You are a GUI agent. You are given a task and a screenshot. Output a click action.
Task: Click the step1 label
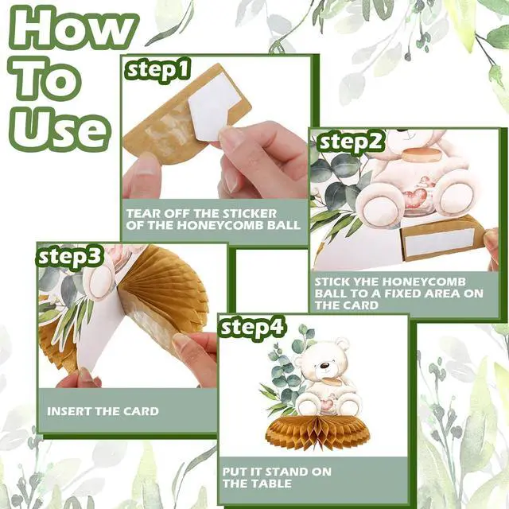(x=157, y=71)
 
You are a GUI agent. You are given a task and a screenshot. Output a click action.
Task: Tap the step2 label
(x=352, y=142)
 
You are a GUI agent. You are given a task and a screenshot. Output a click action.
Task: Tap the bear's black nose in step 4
(x=324, y=366)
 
